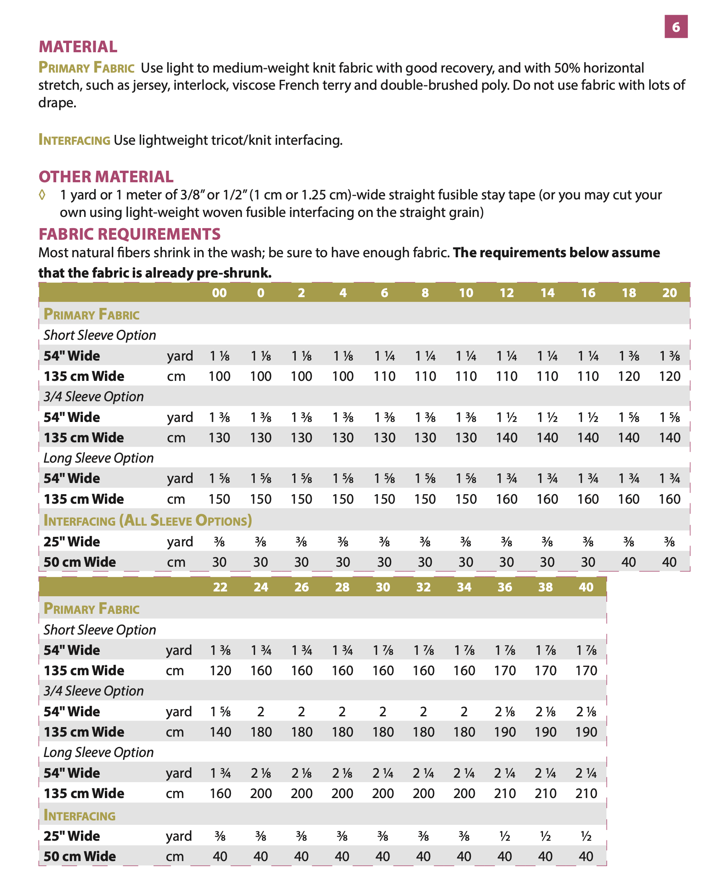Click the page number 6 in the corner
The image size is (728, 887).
point(676,27)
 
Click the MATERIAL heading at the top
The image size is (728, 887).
point(78,47)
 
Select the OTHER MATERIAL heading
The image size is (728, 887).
point(106,177)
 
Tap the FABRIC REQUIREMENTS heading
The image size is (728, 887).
point(129,234)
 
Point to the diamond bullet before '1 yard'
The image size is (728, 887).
point(42,195)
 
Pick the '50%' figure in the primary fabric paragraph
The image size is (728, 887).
point(567,68)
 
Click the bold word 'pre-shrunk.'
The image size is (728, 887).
point(234,273)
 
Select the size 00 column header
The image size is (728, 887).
point(219,292)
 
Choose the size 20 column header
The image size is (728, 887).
point(669,292)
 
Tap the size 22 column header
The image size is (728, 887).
point(220,587)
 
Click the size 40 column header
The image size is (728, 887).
point(586,587)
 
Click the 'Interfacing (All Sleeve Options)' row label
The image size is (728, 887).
point(148,520)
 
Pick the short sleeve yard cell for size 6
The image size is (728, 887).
point(384,356)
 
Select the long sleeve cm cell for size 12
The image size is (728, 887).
point(507,499)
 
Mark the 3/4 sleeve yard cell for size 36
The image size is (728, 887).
point(504,712)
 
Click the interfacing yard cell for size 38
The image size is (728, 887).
point(545,836)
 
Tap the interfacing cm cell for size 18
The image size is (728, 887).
point(629,562)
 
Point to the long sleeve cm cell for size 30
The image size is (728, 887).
point(383,793)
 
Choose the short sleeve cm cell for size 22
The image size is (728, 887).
point(220,670)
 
